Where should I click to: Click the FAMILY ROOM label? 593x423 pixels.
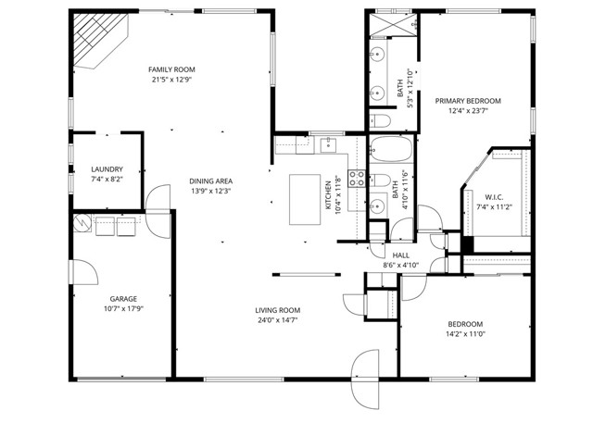pos(172,69)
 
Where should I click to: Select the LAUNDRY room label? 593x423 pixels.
pos(107,169)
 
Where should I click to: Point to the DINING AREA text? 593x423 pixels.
pos(210,180)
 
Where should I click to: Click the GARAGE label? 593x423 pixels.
pos(123,299)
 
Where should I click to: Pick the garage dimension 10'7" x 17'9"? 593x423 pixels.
pos(123,310)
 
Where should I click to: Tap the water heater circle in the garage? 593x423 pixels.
pos(82,223)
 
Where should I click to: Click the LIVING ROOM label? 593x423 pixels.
pos(278,310)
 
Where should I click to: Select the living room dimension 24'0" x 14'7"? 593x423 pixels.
pos(278,321)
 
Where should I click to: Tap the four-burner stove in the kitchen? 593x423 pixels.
pos(353,179)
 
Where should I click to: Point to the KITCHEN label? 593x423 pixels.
pos(328,195)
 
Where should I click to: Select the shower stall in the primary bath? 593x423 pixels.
pos(391,24)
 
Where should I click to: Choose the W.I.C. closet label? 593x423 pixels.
pos(493,196)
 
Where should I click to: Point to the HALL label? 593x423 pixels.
pos(400,255)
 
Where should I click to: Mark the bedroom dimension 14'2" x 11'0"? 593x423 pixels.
pos(465,334)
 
